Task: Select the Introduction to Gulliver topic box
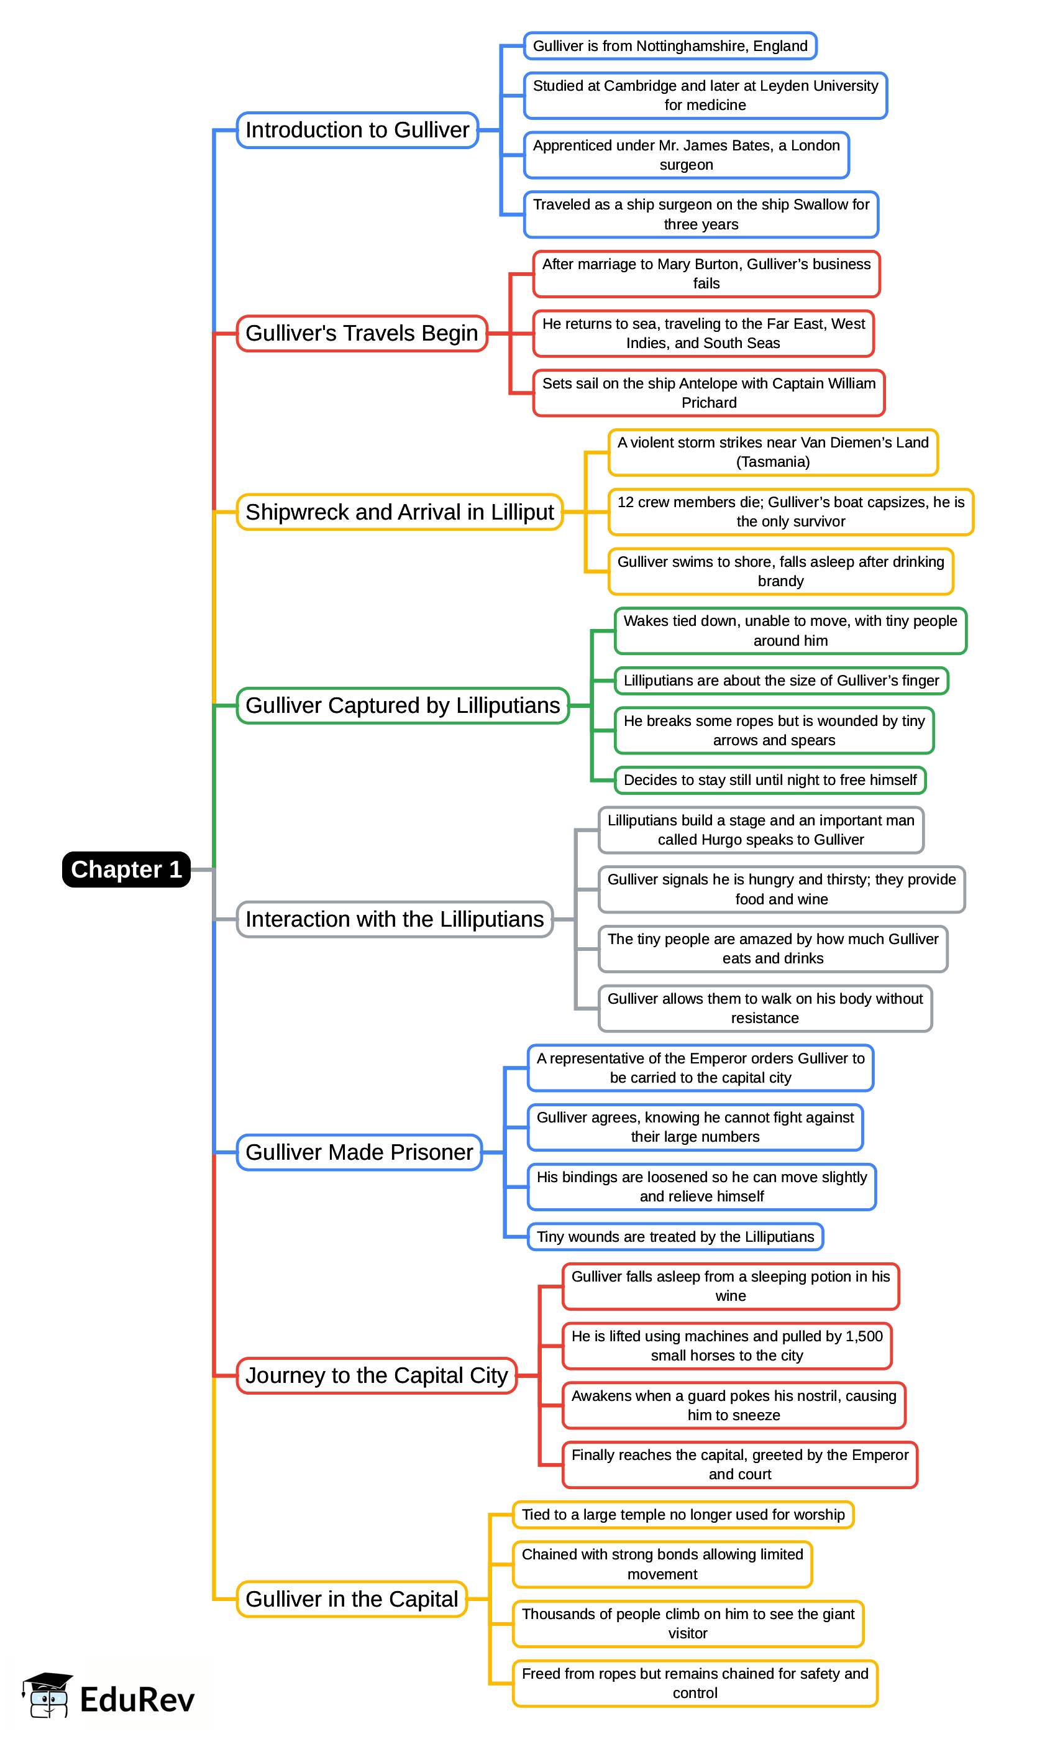(357, 130)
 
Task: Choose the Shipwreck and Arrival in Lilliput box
(399, 512)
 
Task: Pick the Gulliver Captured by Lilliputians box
(403, 705)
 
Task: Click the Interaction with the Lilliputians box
(394, 919)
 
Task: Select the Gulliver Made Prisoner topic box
(359, 1152)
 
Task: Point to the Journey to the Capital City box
(376, 1375)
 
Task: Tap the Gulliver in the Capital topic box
(352, 1599)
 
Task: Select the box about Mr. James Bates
(685, 155)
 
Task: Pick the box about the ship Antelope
(708, 393)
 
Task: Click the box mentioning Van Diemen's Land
(772, 452)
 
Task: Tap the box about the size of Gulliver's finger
(780, 681)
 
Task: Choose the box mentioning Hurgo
(761, 830)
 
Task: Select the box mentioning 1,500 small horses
(727, 1346)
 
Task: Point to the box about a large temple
(683, 1515)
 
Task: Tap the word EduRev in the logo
(137, 1700)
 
